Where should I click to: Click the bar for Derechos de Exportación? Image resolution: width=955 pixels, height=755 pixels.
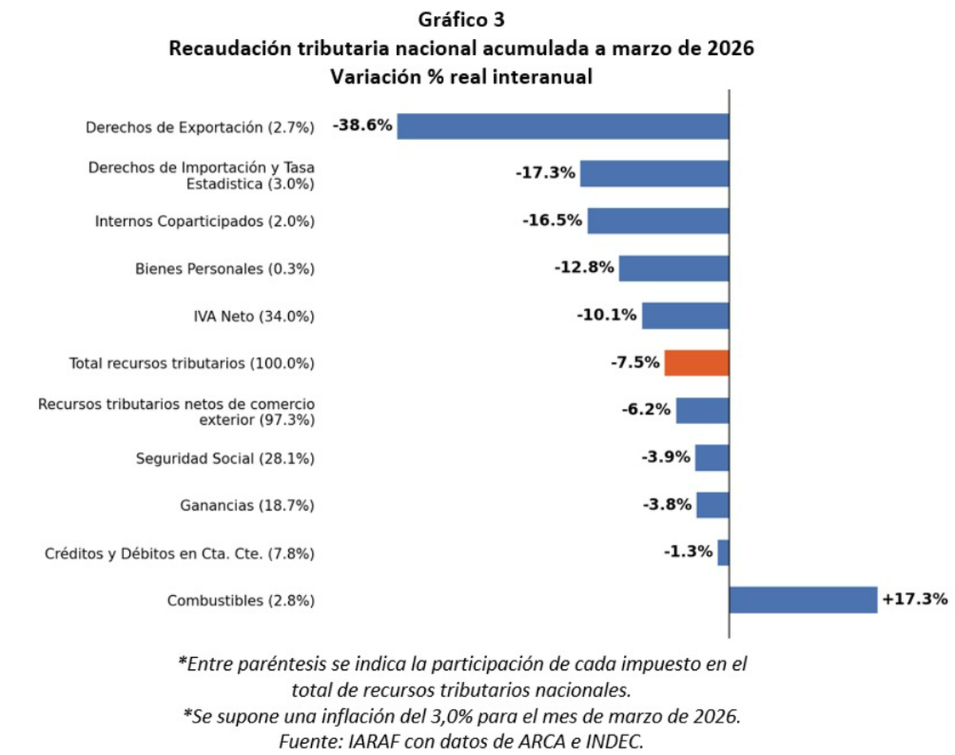click(x=563, y=126)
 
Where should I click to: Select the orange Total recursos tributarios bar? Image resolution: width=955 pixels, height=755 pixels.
click(x=696, y=363)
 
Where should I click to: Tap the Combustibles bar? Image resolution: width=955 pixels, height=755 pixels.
click(x=802, y=600)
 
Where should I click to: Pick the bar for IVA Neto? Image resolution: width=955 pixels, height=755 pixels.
click(x=685, y=316)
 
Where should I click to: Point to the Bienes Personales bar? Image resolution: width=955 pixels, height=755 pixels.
click(x=673, y=268)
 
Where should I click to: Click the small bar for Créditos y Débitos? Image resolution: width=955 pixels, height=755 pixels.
click(x=723, y=552)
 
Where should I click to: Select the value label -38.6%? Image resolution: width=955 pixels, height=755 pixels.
click(x=363, y=125)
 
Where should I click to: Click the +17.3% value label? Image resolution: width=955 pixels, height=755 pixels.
click(x=914, y=598)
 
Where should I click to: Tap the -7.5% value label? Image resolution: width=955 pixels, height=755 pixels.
click(x=635, y=363)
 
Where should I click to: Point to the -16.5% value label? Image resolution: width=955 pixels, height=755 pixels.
click(x=552, y=220)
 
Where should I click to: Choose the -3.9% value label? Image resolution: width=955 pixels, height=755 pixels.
click(x=665, y=457)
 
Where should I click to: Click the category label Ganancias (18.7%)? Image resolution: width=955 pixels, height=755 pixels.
click(x=248, y=506)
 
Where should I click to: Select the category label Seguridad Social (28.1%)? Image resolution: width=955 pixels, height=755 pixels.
click(x=225, y=458)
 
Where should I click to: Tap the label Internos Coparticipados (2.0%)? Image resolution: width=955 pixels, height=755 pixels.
click(x=205, y=221)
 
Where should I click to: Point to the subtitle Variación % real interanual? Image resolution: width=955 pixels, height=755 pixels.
click(x=459, y=77)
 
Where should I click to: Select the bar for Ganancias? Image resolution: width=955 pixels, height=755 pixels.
click(x=713, y=505)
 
